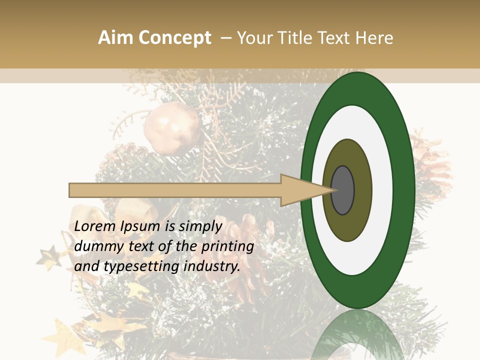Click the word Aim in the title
point(116,38)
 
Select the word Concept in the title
point(174,38)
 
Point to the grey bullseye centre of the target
point(342,190)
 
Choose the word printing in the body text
point(228,246)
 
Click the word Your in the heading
point(252,38)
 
